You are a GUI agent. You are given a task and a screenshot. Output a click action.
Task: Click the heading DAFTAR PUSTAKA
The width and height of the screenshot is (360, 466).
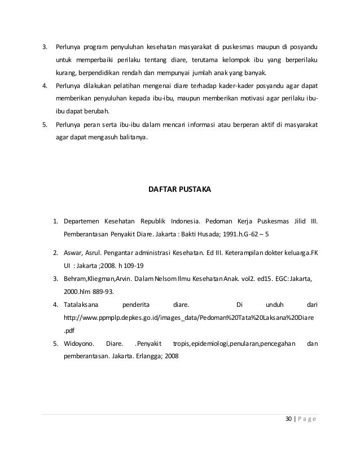click(179, 191)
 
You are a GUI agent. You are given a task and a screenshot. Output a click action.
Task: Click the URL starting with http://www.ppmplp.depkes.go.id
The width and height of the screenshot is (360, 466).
click(190, 318)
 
